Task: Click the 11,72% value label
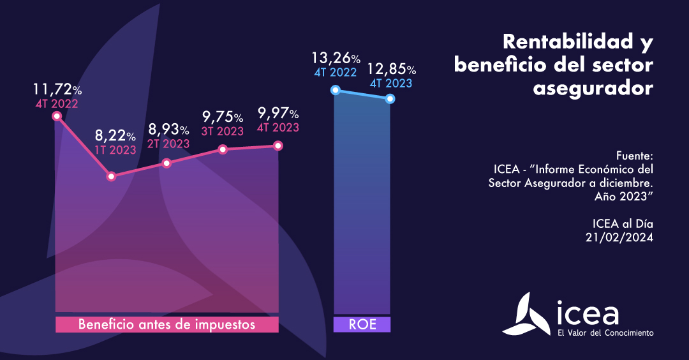point(57,89)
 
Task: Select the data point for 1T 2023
point(112,176)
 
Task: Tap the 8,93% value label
point(168,130)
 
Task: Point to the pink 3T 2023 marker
point(223,149)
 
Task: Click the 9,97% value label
point(278,114)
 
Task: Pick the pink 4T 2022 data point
point(57,116)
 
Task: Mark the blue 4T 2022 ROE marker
point(334,90)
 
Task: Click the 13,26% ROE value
point(336,59)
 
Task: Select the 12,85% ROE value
point(391,69)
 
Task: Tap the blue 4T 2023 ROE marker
point(390,99)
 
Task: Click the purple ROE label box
point(362,324)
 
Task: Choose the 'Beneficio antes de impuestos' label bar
point(167,324)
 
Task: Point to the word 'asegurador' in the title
point(593,88)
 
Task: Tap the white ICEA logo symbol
point(528,314)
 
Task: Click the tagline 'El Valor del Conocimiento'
point(605,333)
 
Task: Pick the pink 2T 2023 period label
point(168,144)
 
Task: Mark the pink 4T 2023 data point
point(278,146)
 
